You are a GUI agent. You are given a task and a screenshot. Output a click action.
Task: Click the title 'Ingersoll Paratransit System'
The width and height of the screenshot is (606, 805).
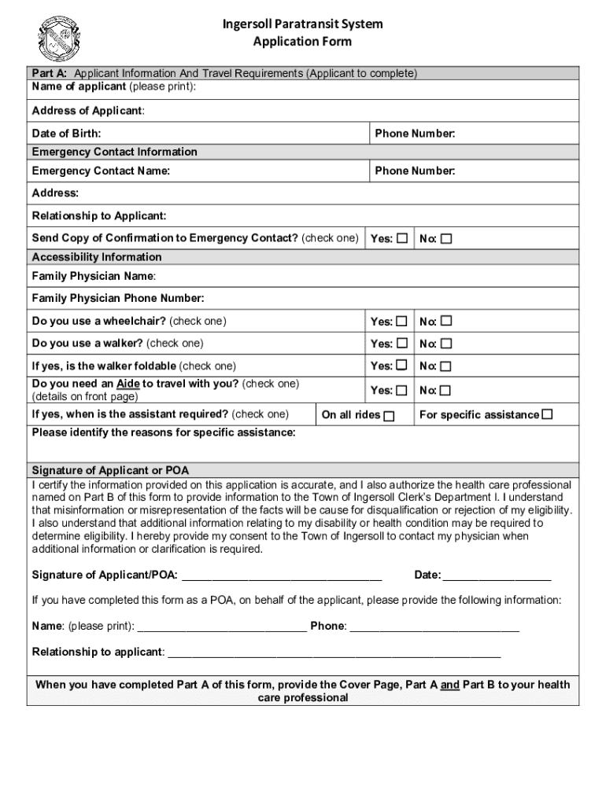coord(302,24)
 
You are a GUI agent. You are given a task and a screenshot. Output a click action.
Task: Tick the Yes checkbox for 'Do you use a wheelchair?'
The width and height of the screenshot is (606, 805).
coord(402,321)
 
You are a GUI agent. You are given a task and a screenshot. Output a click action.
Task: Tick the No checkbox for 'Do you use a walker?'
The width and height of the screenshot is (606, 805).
coord(446,344)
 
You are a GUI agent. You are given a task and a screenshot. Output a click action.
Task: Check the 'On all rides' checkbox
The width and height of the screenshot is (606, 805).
coord(389,416)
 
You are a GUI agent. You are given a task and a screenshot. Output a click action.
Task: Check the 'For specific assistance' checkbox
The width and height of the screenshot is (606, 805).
coord(548,414)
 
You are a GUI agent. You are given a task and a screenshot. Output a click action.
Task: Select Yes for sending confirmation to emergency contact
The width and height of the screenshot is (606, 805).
coord(402,238)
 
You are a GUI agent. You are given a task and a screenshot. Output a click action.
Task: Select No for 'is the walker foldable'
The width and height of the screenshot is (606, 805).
coord(446,366)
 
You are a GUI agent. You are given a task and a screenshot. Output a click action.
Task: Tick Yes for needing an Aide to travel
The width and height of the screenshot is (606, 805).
coord(402,390)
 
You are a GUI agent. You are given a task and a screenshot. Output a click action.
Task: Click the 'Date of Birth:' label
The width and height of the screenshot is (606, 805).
coord(66,134)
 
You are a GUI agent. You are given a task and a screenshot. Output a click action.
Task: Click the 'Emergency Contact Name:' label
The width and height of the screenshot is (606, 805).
coord(101,171)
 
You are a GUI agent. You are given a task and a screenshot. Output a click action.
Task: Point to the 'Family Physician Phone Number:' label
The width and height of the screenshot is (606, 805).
coord(118,298)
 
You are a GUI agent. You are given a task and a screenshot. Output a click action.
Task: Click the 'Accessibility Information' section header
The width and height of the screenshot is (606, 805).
coord(97,257)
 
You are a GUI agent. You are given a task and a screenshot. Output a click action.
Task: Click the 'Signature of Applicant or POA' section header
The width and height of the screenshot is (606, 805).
coord(110,470)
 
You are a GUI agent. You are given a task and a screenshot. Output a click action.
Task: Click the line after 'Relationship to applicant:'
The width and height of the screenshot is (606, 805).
coord(334,652)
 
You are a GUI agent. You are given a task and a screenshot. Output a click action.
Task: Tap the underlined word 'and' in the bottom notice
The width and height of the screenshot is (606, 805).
coord(449,686)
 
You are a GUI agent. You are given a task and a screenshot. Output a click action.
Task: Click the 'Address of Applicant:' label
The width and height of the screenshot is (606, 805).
coord(88,111)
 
